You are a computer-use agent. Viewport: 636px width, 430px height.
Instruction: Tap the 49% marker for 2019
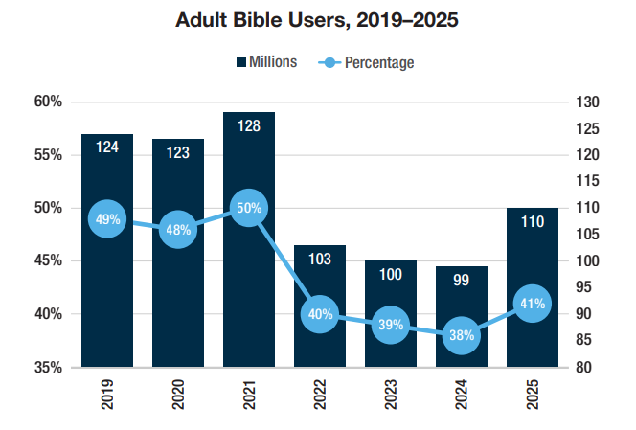tap(107, 219)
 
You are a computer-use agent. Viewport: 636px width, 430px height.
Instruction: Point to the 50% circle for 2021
tap(249, 208)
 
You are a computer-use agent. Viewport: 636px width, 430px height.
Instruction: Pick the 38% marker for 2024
tap(461, 335)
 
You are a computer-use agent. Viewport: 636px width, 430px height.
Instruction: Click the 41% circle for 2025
tap(532, 304)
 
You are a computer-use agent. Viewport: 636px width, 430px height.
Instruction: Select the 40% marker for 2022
tap(319, 314)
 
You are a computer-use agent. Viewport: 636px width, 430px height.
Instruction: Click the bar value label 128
tap(249, 127)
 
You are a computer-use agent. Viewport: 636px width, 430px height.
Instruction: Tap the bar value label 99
tap(461, 281)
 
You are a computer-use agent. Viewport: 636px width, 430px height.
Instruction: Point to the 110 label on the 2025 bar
tap(532, 222)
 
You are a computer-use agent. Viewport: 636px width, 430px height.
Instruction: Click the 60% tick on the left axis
tap(49, 102)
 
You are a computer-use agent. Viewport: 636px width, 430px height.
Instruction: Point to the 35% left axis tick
tap(49, 367)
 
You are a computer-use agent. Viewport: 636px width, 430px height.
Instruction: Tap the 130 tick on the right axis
tap(587, 102)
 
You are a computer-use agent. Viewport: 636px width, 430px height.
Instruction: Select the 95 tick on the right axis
tap(583, 287)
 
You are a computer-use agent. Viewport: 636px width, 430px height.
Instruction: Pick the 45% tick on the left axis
tap(49, 260)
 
